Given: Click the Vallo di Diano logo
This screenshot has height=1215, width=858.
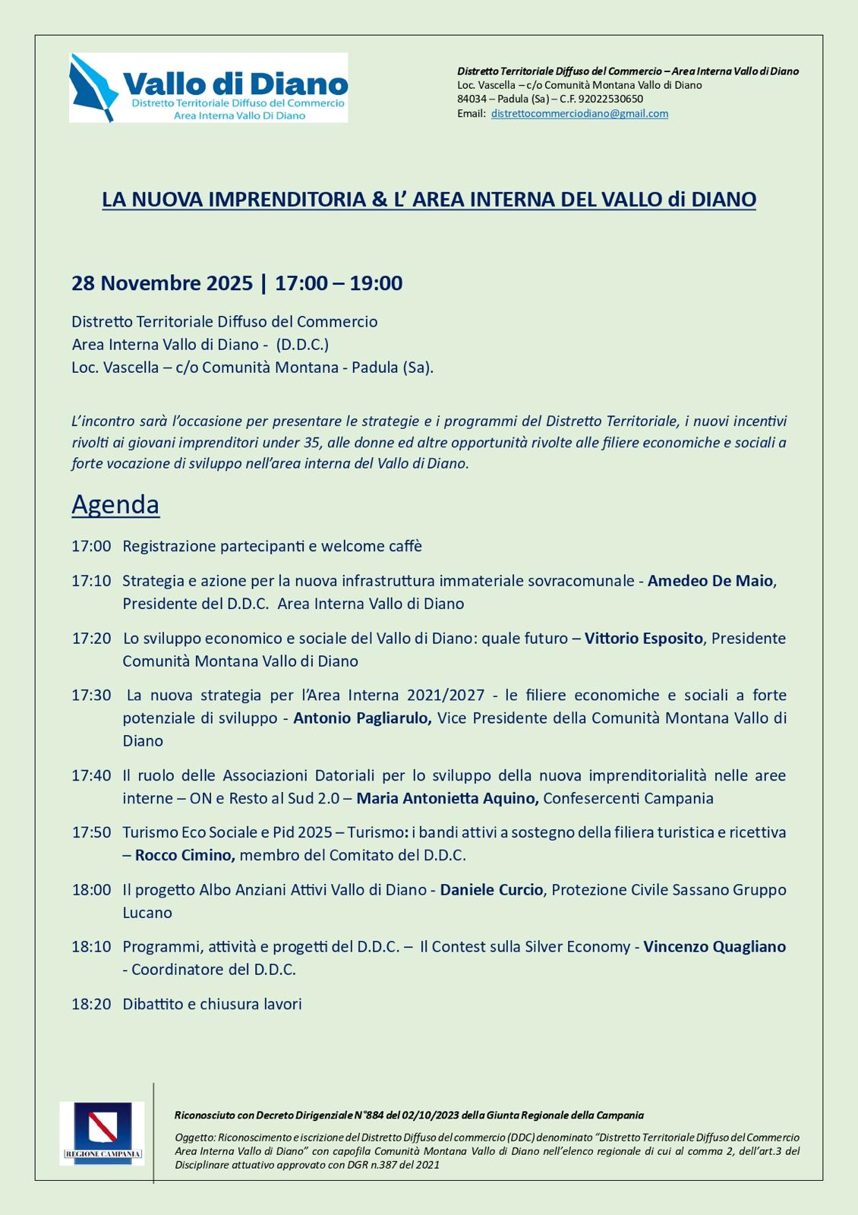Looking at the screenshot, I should tap(208, 87).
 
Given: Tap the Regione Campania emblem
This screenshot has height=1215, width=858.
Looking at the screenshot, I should tap(102, 1133).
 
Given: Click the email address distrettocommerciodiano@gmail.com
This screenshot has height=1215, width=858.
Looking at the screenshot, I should tap(579, 113).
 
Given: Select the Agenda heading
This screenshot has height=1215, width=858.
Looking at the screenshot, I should tap(115, 504).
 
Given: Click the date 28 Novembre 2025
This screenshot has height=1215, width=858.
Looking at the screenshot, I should tap(162, 283).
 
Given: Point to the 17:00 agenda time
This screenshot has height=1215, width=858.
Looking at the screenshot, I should tap(91, 546).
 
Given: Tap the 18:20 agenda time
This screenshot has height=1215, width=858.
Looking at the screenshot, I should tap(91, 1004).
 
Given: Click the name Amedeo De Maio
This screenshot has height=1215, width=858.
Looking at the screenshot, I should tap(710, 581).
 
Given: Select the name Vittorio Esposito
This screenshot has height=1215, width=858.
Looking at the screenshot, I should tap(643, 638).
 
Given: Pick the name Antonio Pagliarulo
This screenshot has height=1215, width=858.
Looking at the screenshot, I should tap(362, 718).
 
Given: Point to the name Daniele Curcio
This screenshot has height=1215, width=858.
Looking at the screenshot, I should tap(491, 889).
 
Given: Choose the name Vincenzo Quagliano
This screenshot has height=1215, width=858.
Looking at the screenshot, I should tap(714, 946).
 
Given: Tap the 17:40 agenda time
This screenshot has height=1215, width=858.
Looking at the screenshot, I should tap(91, 775).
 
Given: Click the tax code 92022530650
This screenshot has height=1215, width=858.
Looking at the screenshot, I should tap(610, 99).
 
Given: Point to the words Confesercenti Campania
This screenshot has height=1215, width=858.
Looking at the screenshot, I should tap(628, 798).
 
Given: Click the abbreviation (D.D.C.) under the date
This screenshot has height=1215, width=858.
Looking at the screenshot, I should tap(302, 344).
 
